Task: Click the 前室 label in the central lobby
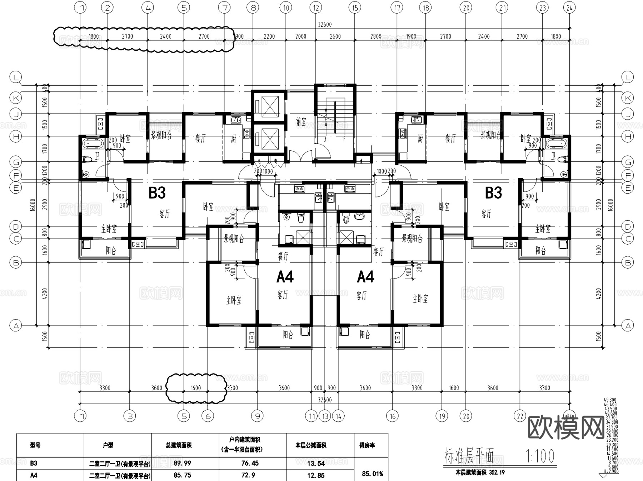coord(301,122)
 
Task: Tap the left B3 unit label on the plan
coord(157,193)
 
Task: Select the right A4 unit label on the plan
coord(365,277)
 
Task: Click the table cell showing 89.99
coord(182,463)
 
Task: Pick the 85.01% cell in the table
coord(372,474)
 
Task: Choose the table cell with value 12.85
coord(316,475)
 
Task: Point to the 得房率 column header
coord(367,445)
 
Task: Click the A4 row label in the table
coord(34,475)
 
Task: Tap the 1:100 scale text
coord(540,456)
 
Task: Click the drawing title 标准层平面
coord(469,456)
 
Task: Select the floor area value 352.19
coord(497,472)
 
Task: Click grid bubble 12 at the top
coord(316,7)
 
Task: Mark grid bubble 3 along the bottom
coord(130,416)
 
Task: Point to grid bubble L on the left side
coord(16,77)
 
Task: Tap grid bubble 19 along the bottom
coord(442,416)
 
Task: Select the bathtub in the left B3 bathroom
coord(93,144)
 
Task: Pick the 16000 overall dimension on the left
coord(33,205)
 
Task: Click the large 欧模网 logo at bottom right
coord(566,427)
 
